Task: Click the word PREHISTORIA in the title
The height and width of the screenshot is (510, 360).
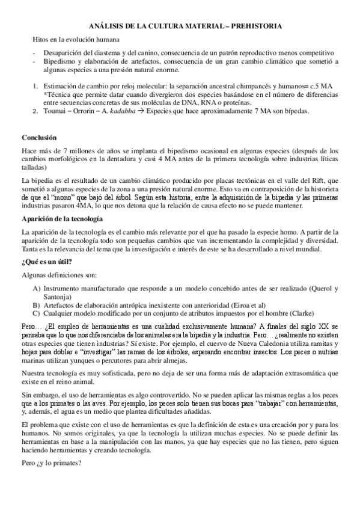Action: [253, 26]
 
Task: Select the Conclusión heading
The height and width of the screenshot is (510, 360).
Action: [39, 137]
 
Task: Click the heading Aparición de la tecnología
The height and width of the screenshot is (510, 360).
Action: [62, 218]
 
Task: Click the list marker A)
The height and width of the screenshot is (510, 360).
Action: [37, 288]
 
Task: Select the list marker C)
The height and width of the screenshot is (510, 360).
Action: [37, 313]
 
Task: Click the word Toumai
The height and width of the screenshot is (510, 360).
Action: [55, 111]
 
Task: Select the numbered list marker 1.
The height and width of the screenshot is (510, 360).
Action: [35, 86]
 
